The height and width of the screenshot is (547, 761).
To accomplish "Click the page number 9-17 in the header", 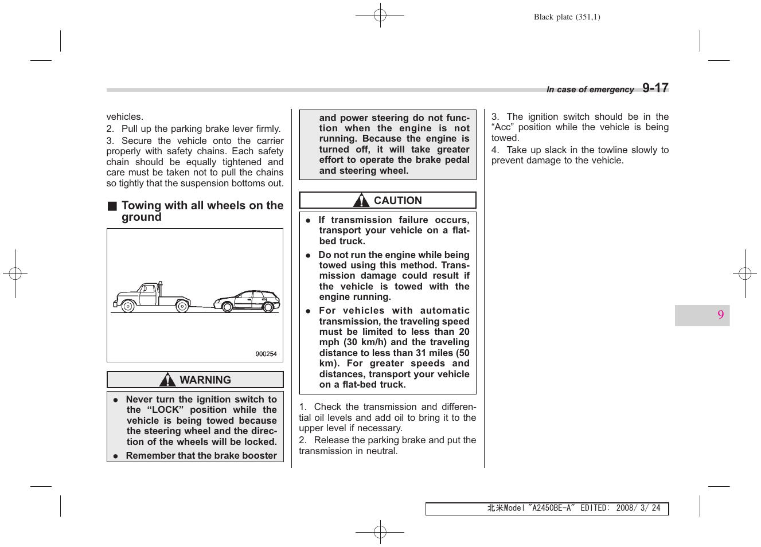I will [655, 88].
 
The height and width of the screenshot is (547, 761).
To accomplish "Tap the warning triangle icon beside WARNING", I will [167, 380].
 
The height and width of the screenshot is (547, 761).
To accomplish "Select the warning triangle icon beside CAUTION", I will [361, 200].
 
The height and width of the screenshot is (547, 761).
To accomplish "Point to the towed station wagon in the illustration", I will [247, 300].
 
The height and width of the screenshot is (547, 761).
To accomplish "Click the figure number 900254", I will [266, 354].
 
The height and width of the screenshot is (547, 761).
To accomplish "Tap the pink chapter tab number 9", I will [720, 315].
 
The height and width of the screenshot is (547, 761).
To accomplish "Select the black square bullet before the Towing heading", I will [112, 206].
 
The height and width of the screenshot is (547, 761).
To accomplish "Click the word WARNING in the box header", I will [205, 380].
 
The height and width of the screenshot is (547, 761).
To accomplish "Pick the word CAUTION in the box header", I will [397, 200].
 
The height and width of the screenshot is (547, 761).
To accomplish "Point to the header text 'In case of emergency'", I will [590, 89].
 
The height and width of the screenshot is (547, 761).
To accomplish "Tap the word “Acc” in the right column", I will [503, 127].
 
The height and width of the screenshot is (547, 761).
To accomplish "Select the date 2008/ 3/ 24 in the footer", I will [638, 508].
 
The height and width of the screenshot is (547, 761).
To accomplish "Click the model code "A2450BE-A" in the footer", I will [551, 508].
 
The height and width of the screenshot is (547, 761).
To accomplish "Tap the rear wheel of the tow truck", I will [182, 307].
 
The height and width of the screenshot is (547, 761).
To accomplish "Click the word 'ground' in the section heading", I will [141, 217].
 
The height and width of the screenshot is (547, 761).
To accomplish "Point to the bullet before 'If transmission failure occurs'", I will [308, 220].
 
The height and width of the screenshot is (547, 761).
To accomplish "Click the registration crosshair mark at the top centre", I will [380, 15].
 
